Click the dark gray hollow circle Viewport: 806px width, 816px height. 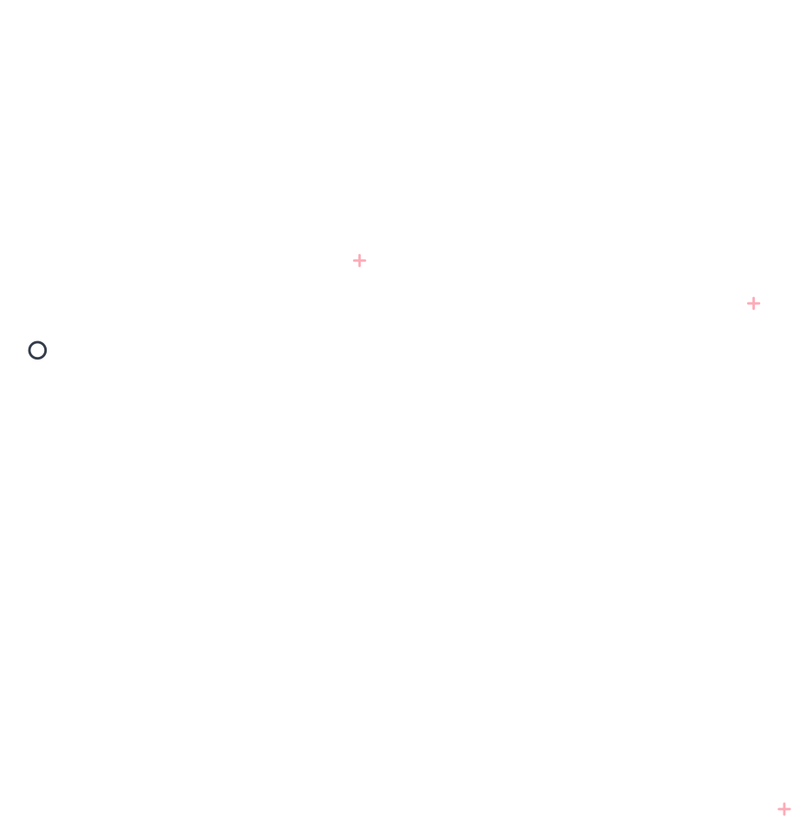tap(37, 350)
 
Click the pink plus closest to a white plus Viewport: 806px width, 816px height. tap(359, 261)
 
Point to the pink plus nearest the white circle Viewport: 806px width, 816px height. tap(784, 809)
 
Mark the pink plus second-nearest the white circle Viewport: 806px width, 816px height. tap(753, 303)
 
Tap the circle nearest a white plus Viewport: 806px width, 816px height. tap(37, 350)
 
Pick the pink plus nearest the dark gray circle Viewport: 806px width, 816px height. tap(359, 261)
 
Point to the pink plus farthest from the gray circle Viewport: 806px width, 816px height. tap(784, 809)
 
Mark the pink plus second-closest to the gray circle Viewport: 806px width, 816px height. tap(753, 303)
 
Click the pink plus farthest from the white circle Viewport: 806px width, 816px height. tap(359, 261)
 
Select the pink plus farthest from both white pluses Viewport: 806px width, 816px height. tap(784, 809)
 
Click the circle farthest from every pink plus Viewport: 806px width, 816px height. tap(37, 350)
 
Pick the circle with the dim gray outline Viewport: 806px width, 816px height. tap(37, 350)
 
